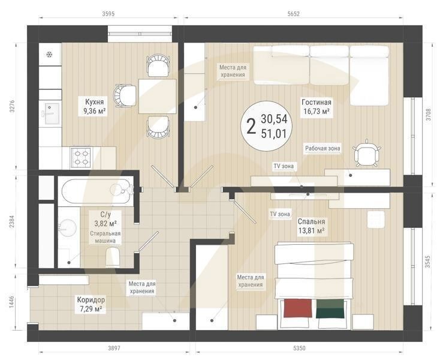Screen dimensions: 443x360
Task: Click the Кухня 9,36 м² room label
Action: coord(94,107)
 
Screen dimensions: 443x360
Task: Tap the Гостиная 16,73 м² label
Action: coord(317,107)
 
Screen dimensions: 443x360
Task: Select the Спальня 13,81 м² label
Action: coord(311,226)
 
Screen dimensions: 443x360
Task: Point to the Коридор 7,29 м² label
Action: coord(91,304)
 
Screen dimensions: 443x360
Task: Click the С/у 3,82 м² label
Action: coord(106,219)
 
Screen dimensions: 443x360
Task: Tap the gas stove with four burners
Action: coord(81,157)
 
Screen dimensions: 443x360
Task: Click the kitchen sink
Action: coord(52,113)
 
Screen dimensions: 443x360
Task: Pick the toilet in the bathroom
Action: coord(113,256)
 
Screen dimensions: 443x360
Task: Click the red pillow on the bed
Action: coord(298,308)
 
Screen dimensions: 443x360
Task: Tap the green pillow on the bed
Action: coord(330,308)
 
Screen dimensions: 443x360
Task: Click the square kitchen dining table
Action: coord(158,96)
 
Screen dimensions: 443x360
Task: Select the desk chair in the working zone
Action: coord(367,154)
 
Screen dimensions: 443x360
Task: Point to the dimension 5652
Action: coord(293,14)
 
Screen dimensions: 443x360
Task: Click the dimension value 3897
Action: coord(114,348)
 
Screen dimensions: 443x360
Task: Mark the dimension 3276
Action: coord(12,106)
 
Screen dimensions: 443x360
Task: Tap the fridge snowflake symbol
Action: coord(49,54)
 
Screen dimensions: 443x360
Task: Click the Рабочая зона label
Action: coord(323,148)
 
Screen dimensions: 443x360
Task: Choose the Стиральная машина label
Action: coord(106,237)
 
